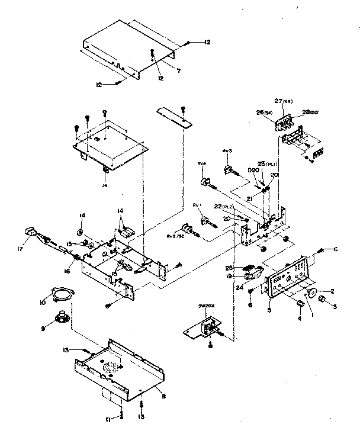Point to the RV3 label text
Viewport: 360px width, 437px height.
click(x=226, y=152)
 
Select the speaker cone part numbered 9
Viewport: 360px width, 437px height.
click(x=60, y=316)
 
